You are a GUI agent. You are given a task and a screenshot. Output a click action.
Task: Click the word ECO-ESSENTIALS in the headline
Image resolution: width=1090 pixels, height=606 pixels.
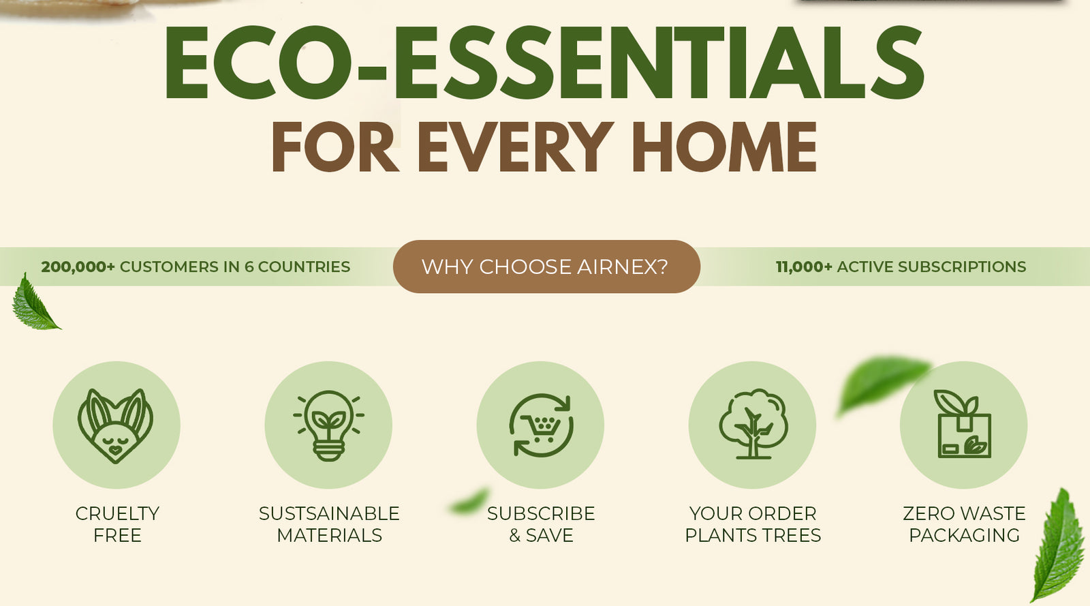pos(544,62)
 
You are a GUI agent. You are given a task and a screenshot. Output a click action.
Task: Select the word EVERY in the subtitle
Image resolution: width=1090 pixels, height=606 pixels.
pos(516,147)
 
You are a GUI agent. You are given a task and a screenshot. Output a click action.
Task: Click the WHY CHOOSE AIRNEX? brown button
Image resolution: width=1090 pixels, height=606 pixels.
pos(546,267)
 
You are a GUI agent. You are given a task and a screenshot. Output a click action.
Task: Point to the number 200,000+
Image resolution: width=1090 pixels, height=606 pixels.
pos(78,267)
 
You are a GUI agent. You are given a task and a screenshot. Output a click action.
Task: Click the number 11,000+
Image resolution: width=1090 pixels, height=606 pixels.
pos(804,267)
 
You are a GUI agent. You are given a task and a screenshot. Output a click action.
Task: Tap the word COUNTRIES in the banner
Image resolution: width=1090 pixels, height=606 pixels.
pos(304,267)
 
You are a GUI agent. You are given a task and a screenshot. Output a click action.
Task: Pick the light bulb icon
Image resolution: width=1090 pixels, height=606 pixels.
pos(328,425)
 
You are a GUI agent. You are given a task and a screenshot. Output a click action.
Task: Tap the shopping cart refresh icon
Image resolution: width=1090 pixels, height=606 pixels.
pos(541,425)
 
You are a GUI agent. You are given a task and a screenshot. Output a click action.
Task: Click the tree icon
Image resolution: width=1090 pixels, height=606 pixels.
pos(753,424)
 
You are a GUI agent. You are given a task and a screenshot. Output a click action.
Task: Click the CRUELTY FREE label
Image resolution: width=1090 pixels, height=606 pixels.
pos(117,524)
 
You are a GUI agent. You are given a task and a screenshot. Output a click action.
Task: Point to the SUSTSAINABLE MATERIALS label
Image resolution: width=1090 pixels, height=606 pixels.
pos(329,524)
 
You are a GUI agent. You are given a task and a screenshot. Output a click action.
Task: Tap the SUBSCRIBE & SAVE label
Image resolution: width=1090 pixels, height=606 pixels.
pos(541,524)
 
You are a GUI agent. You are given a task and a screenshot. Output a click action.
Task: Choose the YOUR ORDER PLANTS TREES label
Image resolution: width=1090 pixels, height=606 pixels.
pos(753,524)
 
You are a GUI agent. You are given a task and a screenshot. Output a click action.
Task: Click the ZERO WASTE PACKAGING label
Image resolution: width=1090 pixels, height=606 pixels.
pos(964,524)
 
